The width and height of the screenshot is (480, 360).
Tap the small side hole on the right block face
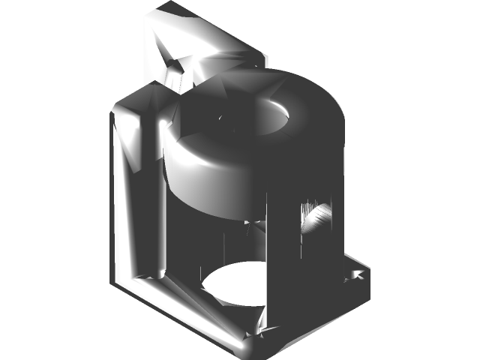point(318,218)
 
